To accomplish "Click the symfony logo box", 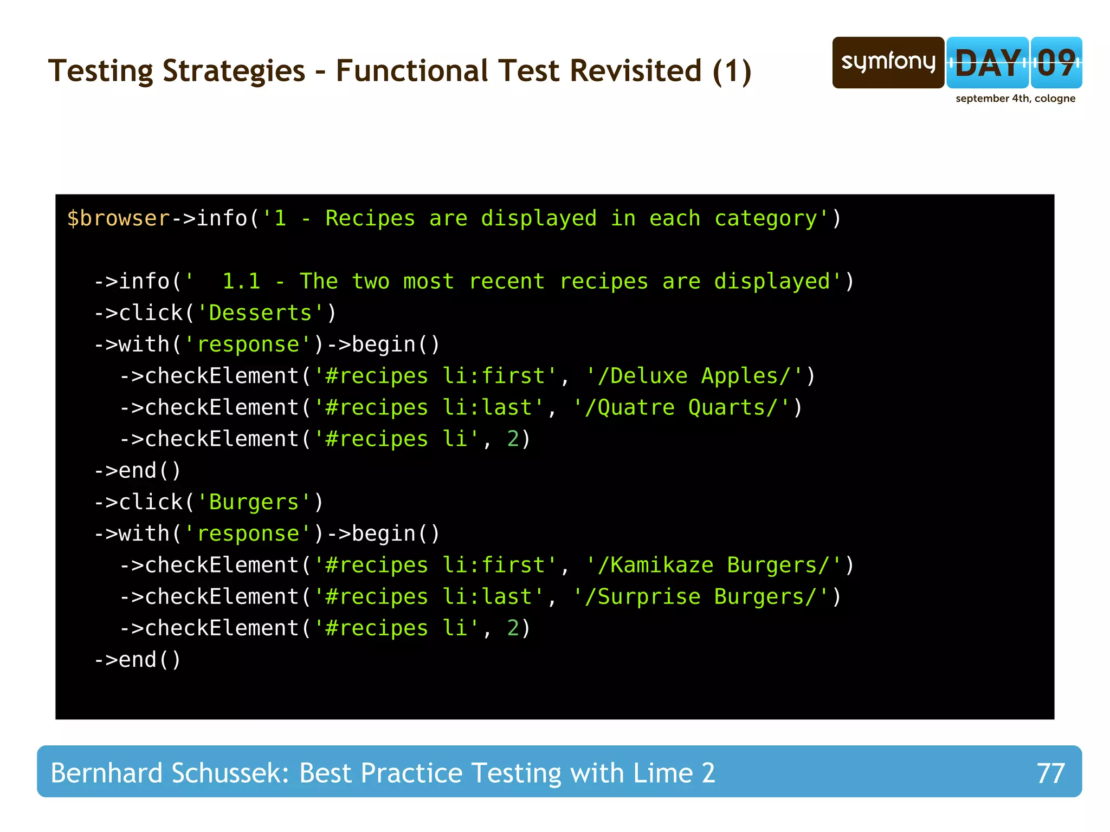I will tap(888, 62).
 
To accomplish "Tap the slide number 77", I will tap(1050, 773).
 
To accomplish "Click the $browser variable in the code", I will tap(118, 218).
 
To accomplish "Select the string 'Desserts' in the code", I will tap(260, 313).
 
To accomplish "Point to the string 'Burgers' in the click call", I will tap(254, 502).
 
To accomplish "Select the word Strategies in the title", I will tap(234, 71).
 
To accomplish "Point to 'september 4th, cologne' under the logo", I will tap(1015, 99).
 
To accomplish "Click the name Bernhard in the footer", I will tap(106, 773).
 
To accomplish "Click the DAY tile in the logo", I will tap(988, 62).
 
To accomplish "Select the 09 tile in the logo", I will tap(1056, 62).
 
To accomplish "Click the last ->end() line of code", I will tap(138, 660).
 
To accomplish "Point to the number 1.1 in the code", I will tap(241, 281).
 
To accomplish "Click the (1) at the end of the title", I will tap(732, 71).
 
